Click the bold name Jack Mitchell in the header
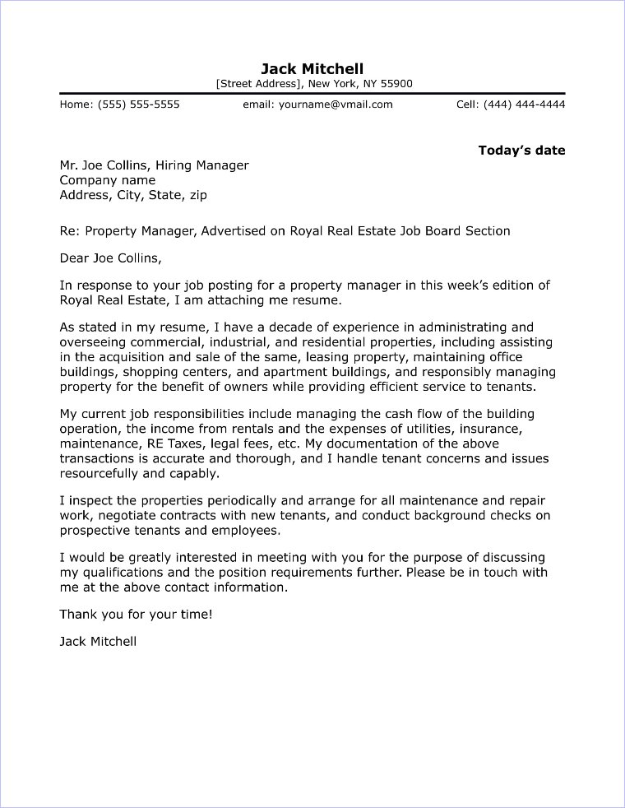tap(312, 68)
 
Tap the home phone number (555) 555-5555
tap(138, 104)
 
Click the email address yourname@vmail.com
tap(336, 104)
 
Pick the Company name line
tap(107, 180)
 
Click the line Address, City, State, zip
tap(133, 195)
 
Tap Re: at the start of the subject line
tap(69, 231)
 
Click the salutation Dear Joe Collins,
tap(111, 258)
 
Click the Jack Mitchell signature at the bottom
tap(98, 641)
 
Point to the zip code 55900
tap(394, 84)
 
